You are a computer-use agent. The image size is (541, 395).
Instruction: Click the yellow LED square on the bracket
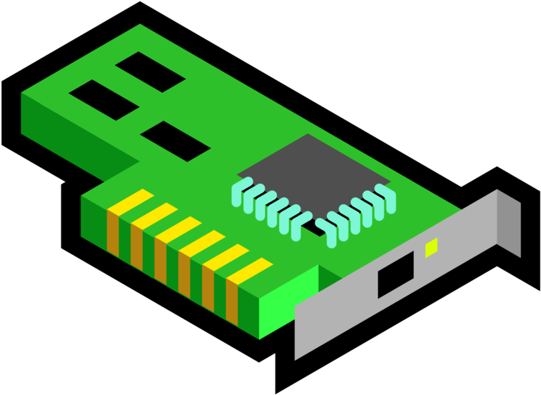[431, 247]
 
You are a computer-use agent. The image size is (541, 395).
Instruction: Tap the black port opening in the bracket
[395, 274]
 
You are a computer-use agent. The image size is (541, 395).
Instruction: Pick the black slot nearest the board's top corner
[151, 71]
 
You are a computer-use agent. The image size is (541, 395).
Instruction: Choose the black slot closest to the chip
[175, 141]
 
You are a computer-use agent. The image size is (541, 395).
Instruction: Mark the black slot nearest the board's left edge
[103, 99]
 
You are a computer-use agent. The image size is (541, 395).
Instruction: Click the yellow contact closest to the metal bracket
[250, 271]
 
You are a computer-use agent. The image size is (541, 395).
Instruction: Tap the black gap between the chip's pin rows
[313, 227]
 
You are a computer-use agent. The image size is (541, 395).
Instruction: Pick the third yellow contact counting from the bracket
[202, 243]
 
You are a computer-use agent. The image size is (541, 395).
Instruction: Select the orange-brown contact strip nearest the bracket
[232, 301]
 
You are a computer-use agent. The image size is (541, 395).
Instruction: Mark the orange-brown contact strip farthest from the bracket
[113, 232]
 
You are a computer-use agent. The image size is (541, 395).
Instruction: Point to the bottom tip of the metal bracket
[295, 357]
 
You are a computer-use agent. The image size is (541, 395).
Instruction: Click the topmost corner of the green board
[140, 25]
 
